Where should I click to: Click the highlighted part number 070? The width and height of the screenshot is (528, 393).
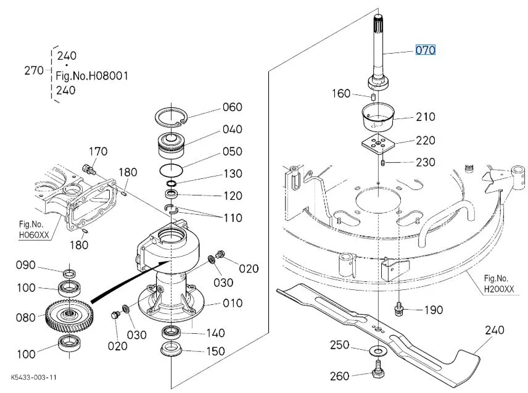425,50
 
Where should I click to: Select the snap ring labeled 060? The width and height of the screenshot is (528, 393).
171,118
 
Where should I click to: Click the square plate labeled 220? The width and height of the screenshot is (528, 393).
378,144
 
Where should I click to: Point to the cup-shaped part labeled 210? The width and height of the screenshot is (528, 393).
378,117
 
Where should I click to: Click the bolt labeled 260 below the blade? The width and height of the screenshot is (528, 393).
378,370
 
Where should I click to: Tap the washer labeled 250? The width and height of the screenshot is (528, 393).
378,351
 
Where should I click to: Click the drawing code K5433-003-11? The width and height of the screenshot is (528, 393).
33,377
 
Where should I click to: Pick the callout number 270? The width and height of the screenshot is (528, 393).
34,70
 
